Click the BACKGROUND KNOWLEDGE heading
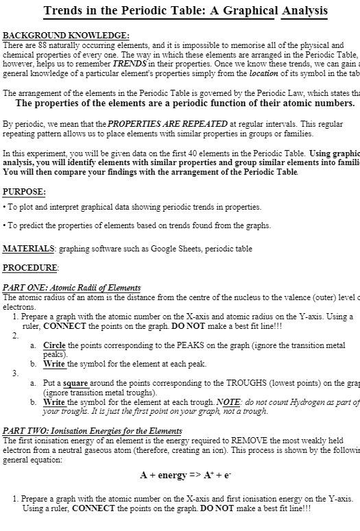coord(67,35)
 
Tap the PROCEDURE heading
coord(31,267)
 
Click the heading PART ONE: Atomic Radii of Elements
coord(72,288)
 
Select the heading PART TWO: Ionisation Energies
coord(83,430)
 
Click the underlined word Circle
coord(54,345)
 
